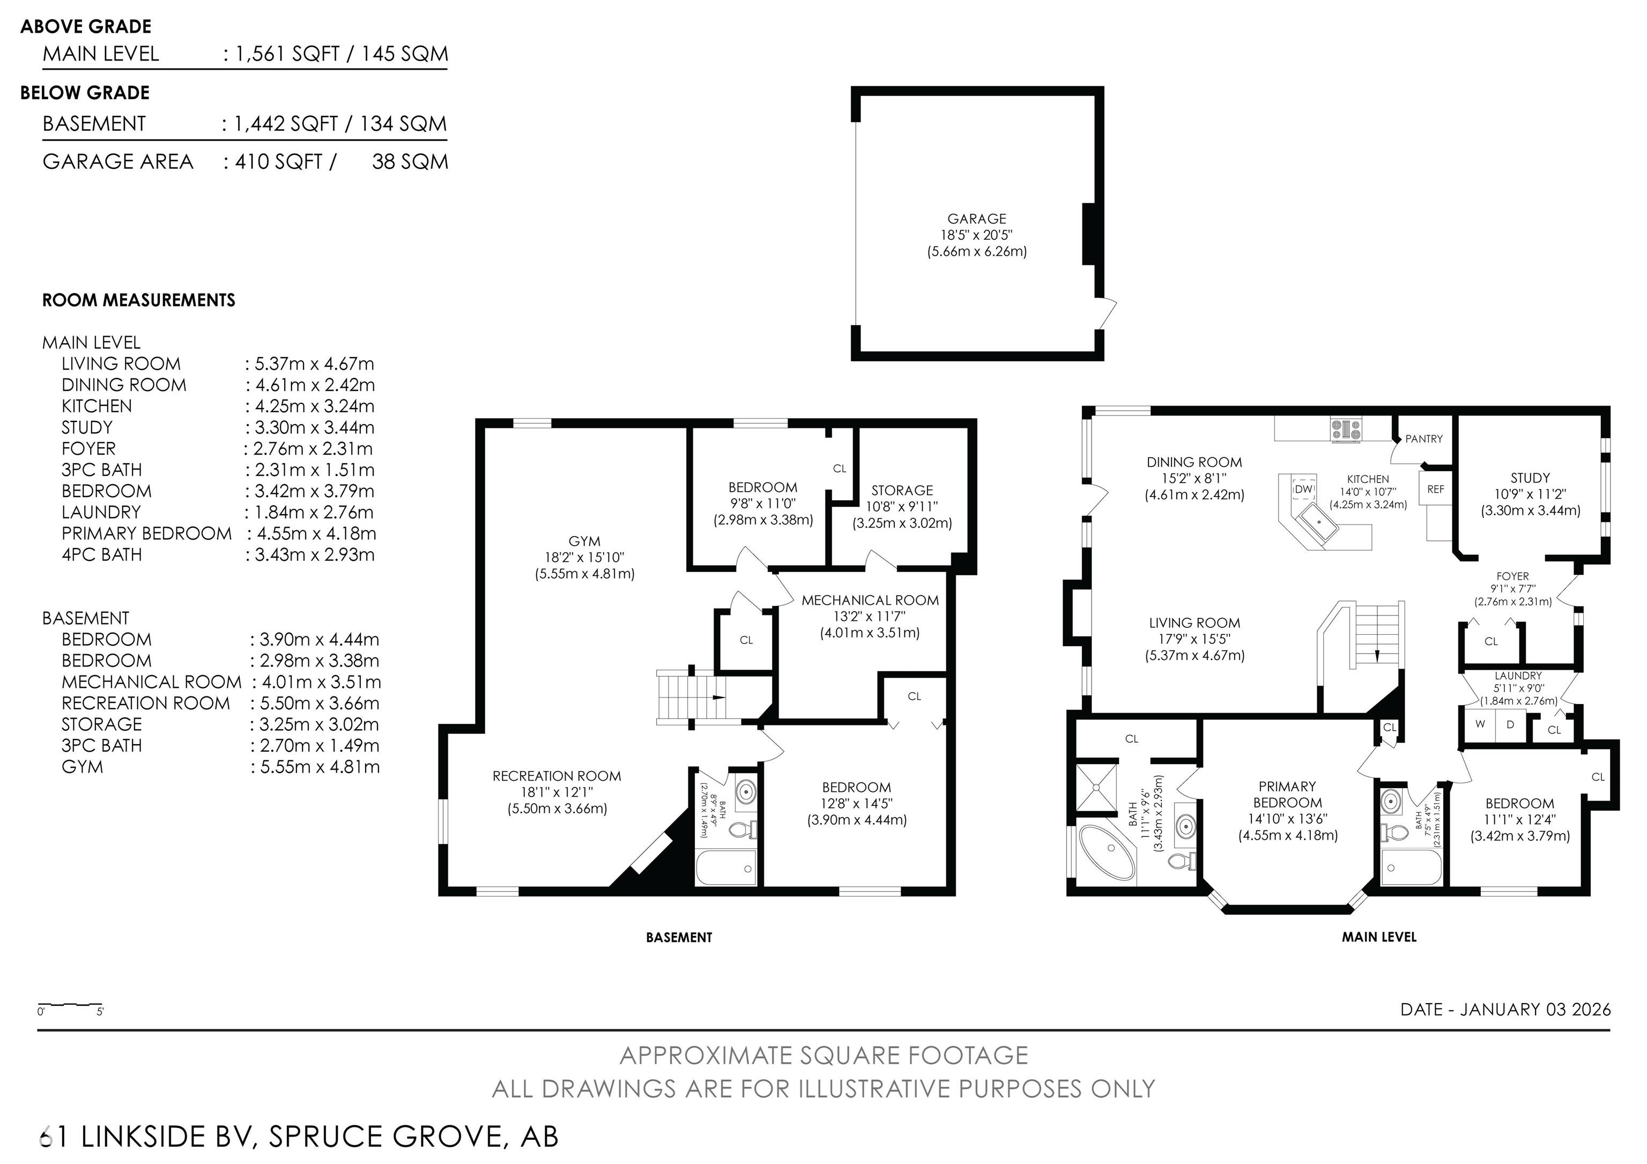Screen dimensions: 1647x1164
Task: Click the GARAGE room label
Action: (976, 219)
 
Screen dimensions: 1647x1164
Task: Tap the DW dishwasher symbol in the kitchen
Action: (1303, 489)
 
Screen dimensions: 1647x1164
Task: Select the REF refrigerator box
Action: (1435, 489)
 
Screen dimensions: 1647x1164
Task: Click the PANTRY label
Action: (1424, 439)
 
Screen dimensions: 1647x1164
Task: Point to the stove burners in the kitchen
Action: (1346, 429)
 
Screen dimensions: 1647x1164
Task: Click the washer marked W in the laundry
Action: (1479, 724)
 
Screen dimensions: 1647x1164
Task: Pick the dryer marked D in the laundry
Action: (1510, 724)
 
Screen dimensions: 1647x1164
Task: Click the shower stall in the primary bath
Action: (1097, 788)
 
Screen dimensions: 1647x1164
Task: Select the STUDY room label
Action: (1530, 478)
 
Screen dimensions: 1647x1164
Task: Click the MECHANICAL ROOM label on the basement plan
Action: (870, 600)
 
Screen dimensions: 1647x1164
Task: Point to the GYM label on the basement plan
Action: (584, 542)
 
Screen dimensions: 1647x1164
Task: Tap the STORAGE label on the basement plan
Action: (902, 491)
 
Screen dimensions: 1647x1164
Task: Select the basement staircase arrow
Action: (717, 697)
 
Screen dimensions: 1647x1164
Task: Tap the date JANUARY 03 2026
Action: (1535, 1010)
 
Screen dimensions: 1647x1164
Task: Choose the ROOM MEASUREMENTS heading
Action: (138, 300)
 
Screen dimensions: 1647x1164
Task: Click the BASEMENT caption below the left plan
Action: (679, 937)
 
